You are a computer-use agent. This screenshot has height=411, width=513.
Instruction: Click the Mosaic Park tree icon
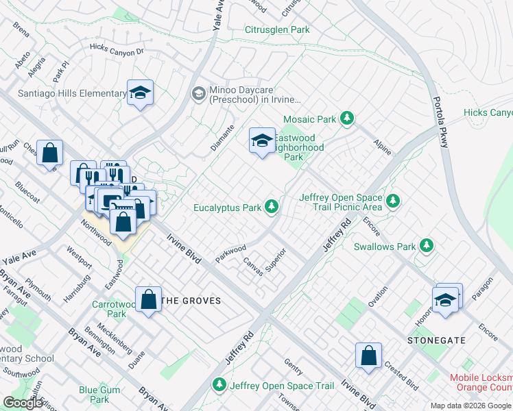[348, 119]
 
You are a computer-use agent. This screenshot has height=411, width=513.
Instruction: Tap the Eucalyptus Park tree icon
[272, 206]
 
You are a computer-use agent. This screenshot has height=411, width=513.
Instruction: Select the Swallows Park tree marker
[427, 245]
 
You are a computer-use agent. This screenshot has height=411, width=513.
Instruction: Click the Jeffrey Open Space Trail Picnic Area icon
[392, 201]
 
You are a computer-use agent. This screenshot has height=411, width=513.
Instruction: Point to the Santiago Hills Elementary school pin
[140, 94]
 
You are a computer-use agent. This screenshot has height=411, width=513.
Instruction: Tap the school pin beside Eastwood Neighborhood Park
[261, 142]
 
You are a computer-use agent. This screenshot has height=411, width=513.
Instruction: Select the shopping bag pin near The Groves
[148, 300]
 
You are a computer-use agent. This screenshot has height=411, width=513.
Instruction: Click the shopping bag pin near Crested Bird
[368, 356]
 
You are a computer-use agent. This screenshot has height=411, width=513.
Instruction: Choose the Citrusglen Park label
[277, 29]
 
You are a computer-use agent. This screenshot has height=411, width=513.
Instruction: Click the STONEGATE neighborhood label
[436, 340]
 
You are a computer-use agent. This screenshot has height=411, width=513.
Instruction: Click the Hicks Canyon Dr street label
[117, 49]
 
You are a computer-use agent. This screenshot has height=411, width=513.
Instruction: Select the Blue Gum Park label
[94, 395]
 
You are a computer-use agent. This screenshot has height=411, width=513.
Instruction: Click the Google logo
[23, 403]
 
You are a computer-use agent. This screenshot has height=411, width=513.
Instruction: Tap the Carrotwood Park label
[109, 309]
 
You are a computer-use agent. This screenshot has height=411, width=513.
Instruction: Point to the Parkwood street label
[230, 251]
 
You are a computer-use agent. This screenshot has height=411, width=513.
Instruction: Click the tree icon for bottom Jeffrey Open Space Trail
[219, 386]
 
